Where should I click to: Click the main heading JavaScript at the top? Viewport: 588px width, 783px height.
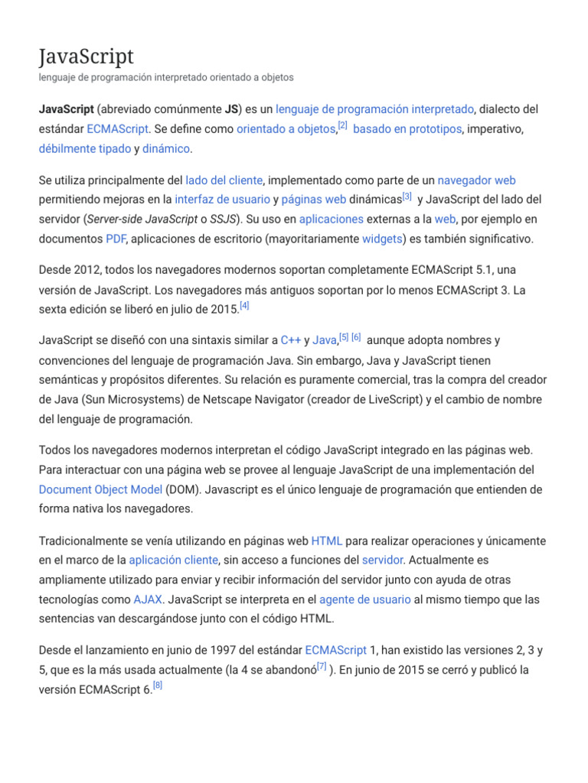coord(86,57)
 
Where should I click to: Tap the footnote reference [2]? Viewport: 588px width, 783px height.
coord(342,126)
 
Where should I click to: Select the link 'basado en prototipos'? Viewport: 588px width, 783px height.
coord(407,129)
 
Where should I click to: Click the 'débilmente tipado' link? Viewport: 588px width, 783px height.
coord(84,148)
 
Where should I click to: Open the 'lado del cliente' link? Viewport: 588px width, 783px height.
coord(224,180)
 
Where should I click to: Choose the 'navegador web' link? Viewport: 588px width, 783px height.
coord(476,180)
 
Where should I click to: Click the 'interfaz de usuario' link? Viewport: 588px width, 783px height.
coord(222,200)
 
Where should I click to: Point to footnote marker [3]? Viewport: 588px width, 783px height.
coord(407,197)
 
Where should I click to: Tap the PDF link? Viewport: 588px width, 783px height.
coord(115,239)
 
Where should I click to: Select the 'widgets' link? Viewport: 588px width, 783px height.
coord(382,239)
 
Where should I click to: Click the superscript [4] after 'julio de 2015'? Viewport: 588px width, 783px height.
coord(244,306)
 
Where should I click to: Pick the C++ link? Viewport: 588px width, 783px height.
coord(290,340)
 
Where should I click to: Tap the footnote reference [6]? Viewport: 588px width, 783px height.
coord(356,337)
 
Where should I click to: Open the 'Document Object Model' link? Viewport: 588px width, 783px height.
coord(100,489)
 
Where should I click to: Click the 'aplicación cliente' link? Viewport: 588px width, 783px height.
coord(173,560)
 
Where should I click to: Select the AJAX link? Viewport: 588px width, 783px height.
coord(148,599)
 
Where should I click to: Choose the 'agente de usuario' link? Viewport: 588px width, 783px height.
coord(364,599)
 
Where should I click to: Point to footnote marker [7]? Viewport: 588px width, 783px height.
coord(322,667)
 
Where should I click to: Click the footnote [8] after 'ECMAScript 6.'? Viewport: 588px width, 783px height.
coord(158,685)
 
